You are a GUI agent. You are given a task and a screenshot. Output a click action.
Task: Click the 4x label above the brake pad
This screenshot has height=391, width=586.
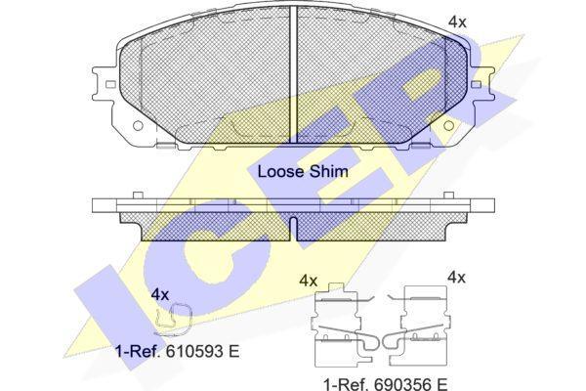(x=457, y=22)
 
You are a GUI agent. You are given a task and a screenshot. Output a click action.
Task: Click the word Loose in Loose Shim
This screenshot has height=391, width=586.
(x=280, y=172)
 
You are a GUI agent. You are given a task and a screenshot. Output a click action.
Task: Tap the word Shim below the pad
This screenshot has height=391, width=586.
(x=328, y=172)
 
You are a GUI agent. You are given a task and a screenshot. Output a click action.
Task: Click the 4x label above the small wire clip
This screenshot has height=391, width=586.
(x=160, y=295)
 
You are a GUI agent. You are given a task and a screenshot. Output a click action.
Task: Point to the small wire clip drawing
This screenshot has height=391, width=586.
(x=173, y=320)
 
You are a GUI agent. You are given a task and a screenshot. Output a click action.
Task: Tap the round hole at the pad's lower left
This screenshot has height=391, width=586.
(x=138, y=125)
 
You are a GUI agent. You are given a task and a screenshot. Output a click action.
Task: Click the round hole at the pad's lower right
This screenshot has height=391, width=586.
(x=449, y=125)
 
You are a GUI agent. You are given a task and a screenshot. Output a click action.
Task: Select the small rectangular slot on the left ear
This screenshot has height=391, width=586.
(x=110, y=85)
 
